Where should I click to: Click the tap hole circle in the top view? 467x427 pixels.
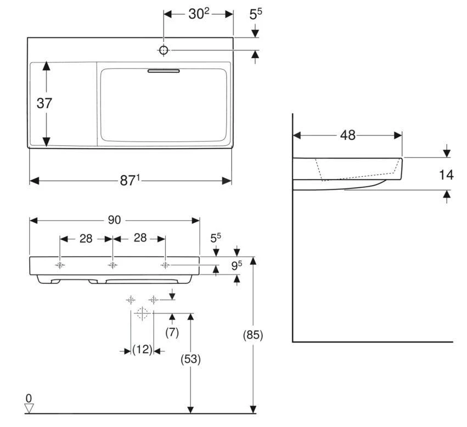164,50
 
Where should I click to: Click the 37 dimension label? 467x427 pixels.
44,103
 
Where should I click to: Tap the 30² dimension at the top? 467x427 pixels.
199,14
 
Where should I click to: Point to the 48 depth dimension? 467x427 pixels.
347,135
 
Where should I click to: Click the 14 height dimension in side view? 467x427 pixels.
446,175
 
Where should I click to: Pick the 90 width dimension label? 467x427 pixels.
114,220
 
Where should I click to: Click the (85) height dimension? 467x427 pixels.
253,335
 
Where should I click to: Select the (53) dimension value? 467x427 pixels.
190,359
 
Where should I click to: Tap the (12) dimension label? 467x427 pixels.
142,350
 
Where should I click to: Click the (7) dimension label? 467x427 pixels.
172,332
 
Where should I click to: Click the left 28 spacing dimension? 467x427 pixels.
86,238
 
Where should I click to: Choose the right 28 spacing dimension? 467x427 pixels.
140,238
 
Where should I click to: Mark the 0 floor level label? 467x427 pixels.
29,398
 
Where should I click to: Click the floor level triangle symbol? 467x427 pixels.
29,408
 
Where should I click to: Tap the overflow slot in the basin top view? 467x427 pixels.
164,70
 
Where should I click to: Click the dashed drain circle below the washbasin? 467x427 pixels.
142,314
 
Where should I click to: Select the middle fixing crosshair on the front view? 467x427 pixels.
112,265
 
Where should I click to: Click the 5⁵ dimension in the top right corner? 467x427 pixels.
256,14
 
